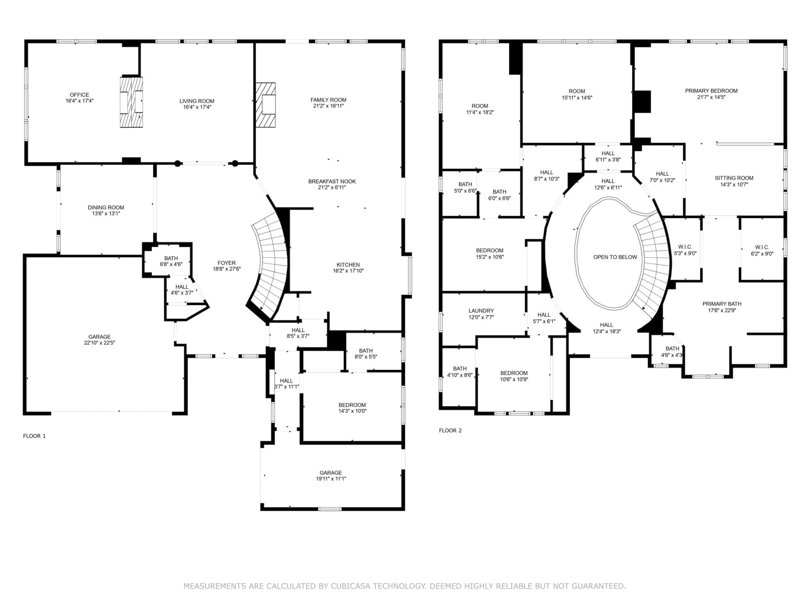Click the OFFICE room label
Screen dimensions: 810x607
[79, 95]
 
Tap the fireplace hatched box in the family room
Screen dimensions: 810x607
[266, 105]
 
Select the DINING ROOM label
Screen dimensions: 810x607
[106, 208]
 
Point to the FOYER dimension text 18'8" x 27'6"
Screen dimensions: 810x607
[227, 269]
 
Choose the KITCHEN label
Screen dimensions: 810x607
[348, 265]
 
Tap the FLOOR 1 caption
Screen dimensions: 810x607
[34, 436]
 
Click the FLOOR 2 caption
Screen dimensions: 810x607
[450, 430]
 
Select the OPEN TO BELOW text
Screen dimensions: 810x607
[615, 257]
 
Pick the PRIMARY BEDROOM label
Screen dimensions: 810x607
[711, 91]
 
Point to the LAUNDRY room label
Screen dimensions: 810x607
[481, 311]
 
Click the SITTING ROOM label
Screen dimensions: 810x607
[734, 178]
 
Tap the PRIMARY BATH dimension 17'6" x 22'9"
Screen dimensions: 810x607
[722, 310]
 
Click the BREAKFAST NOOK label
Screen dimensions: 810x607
[332, 181]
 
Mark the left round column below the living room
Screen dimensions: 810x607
[177, 163]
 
